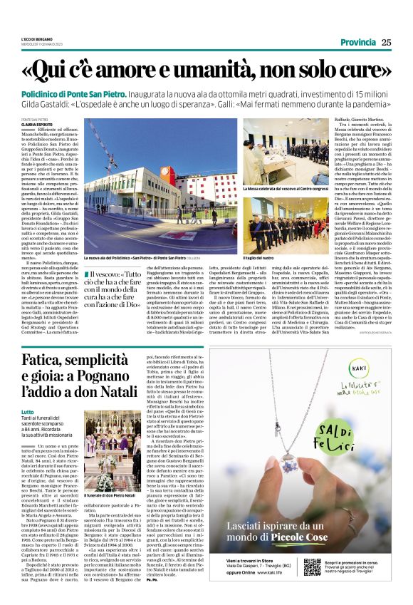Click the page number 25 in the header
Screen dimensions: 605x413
tap(386, 42)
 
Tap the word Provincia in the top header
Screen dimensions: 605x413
tap(358, 42)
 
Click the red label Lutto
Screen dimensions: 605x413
tap(28, 412)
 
